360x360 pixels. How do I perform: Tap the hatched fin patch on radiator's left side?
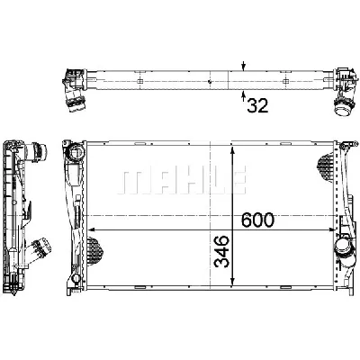95,240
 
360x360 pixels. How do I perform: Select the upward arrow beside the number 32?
243,94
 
